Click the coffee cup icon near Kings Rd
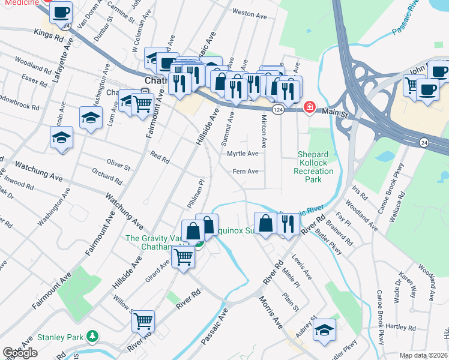point(60,11)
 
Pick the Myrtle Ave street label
point(243,154)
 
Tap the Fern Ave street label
point(246,172)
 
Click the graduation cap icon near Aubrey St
point(324,329)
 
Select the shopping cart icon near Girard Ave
point(184,257)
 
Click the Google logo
point(20,353)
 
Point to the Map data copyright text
point(423,355)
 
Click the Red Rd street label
point(160,158)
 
